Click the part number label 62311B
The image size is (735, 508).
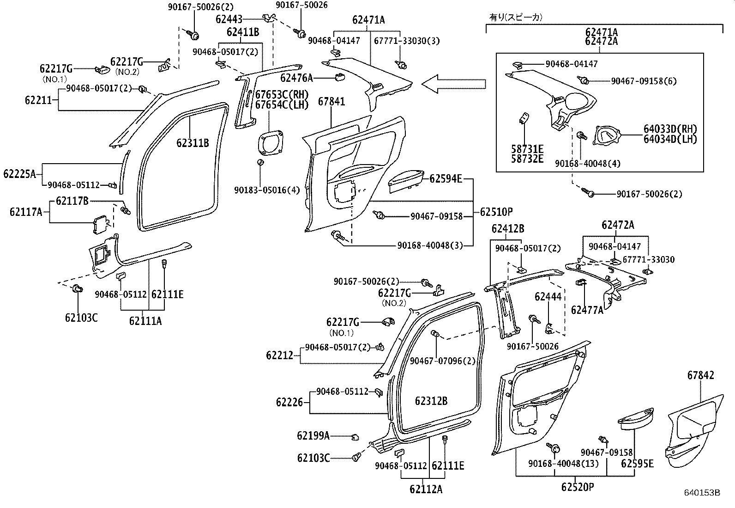tap(193, 143)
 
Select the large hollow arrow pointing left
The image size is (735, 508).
tap(454, 84)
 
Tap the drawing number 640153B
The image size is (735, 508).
tap(702, 493)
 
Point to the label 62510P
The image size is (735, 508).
tap(496, 212)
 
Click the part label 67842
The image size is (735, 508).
tap(700, 375)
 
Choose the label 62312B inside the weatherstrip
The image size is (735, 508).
tap(431, 401)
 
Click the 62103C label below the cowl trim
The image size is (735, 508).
tap(81, 318)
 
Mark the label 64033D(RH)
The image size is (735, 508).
tap(670, 129)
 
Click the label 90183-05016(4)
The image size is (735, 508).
tap(267, 190)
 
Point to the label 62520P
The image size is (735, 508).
tap(578, 487)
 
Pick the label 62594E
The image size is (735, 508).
tap(446, 178)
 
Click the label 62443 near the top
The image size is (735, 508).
tap(229, 19)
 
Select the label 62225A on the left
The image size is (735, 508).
tap(19, 174)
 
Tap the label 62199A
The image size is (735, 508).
tap(313, 435)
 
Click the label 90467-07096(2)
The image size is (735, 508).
tap(442, 361)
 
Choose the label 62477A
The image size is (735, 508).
tap(587, 310)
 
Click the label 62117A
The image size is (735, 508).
tap(26, 212)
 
